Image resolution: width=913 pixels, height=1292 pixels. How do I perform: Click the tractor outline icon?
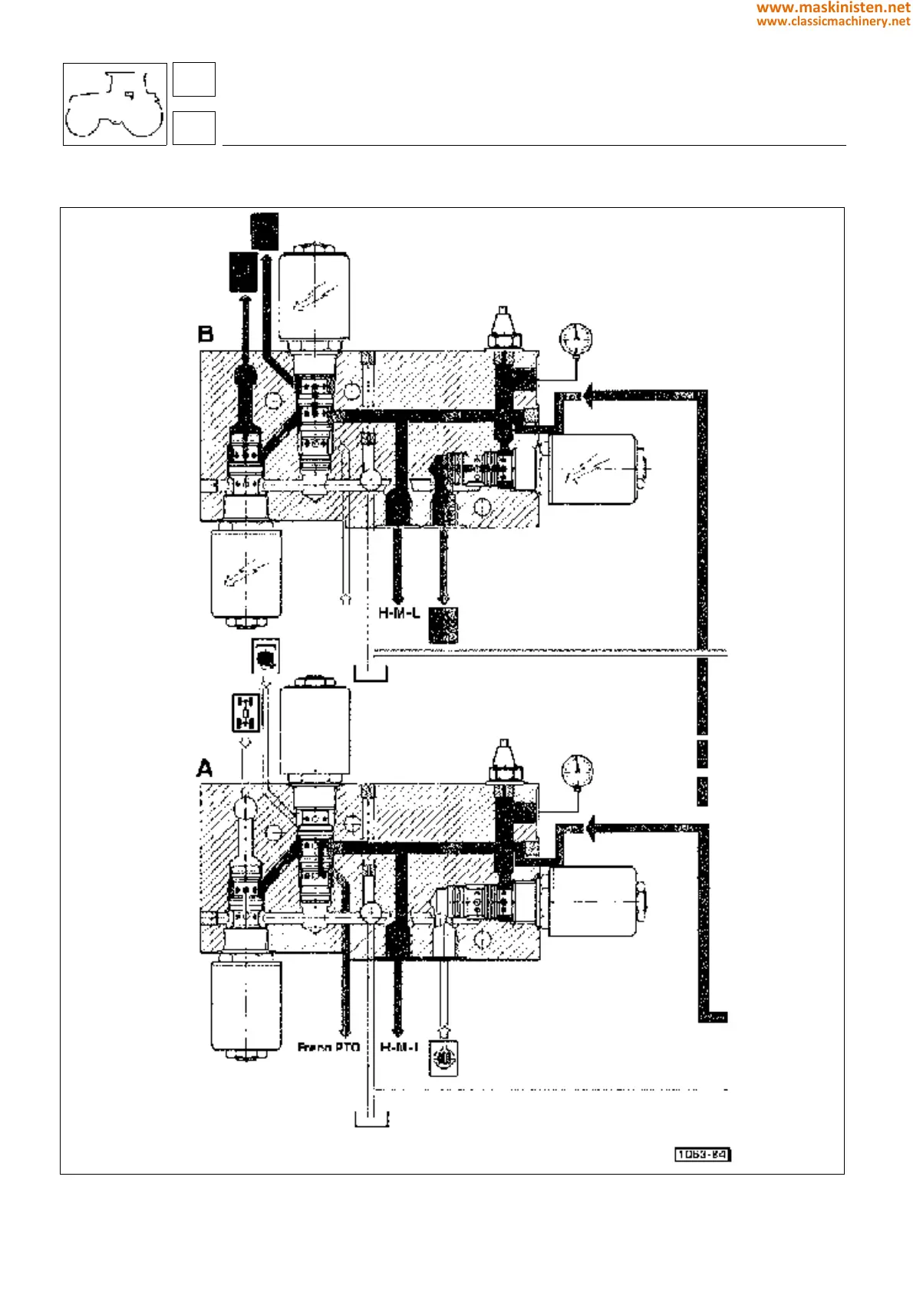tap(115, 104)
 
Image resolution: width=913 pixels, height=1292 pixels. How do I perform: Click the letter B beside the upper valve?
tap(206, 335)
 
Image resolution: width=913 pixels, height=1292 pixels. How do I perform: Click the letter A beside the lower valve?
tap(205, 768)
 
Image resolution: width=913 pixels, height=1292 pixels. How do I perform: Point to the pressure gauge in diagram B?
tap(576, 338)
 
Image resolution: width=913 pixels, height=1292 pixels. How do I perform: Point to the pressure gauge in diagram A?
tap(577, 770)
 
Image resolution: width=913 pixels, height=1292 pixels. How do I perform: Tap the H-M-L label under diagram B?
tap(399, 614)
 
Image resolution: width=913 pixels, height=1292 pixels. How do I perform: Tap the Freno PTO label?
tap(328, 1047)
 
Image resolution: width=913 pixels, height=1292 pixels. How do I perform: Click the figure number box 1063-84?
tap(702, 1155)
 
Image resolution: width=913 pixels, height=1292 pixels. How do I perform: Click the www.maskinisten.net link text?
tap(833, 8)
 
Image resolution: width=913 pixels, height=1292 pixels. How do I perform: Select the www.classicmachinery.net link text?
tap(833, 21)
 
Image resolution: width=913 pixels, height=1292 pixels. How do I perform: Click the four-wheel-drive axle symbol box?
tap(246, 713)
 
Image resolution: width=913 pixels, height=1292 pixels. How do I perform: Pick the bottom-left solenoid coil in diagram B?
tap(246, 572)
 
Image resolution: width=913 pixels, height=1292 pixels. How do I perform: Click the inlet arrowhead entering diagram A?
tap(590, 829)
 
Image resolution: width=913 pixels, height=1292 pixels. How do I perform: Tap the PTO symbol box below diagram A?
tap(443, 1059)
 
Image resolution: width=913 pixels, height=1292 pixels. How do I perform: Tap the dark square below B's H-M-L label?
tap(443, 625)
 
